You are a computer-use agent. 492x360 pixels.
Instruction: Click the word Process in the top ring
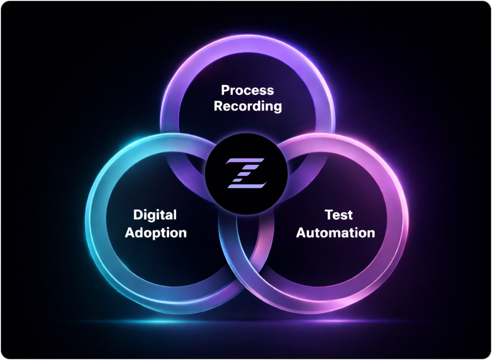(x=247, y=91)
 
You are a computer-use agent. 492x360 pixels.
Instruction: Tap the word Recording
(x=247, y=106)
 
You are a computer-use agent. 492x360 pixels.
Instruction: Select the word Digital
(x=154, y=215)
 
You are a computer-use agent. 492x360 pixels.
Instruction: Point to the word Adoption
(x=155, y=232)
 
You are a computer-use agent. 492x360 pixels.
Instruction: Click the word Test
(x=338, y=215)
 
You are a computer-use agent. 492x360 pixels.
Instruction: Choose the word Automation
(x=335, y=232)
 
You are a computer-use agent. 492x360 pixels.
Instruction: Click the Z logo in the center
(x=246, y=173)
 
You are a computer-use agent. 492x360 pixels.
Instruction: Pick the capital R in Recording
(x=218, y=106)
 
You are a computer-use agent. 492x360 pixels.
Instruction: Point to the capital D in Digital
(x=138, y=215)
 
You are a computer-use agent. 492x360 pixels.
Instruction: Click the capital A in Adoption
(x=130, y=232)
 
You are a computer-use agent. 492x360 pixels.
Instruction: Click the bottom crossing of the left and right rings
(x=246, y=256)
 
